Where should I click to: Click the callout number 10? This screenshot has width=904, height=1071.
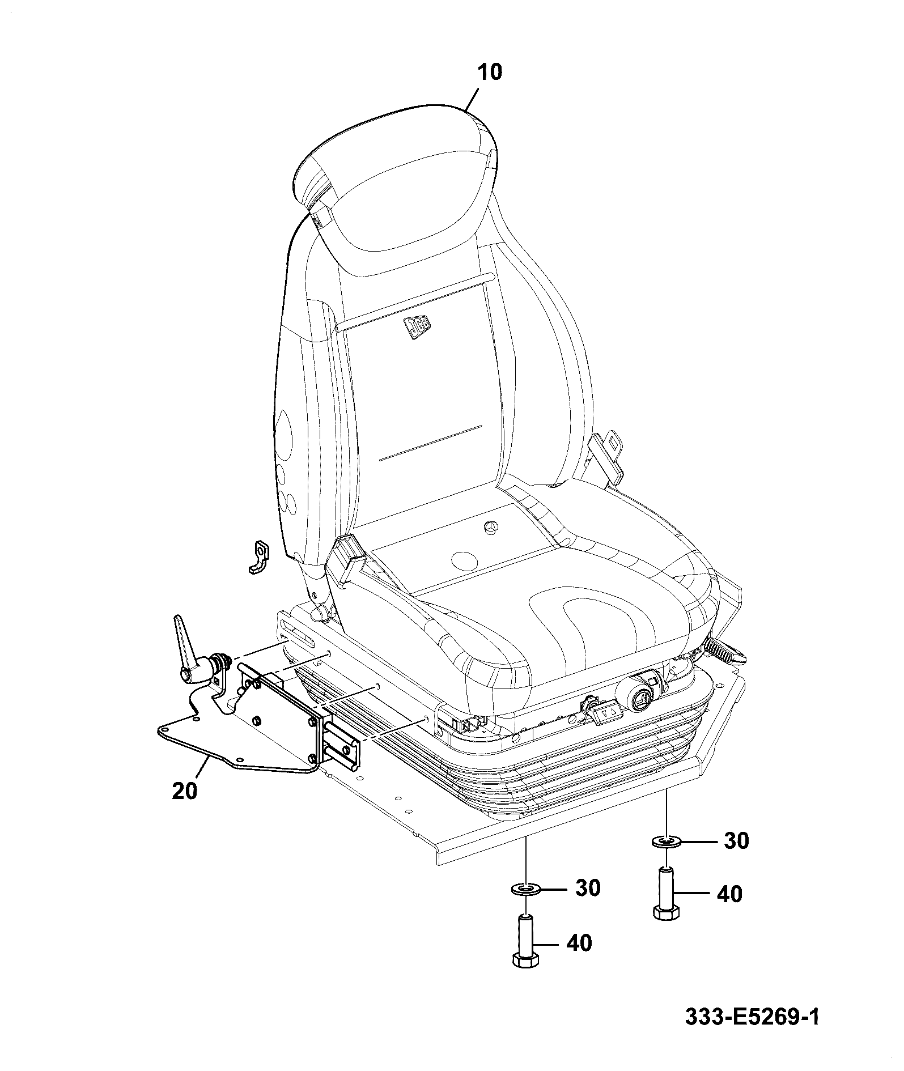489,73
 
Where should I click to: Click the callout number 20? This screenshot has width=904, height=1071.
185,790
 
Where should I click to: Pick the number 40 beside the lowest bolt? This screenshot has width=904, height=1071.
578,943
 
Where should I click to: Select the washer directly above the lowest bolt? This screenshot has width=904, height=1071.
525,890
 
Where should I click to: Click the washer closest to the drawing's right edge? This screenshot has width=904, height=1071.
667,842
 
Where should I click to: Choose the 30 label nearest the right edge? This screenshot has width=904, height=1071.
736,841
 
